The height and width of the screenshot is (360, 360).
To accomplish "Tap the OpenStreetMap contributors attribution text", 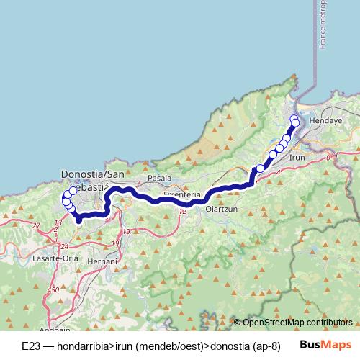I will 293,323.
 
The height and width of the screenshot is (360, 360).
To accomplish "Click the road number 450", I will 53,289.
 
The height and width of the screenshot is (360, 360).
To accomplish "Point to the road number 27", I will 37,225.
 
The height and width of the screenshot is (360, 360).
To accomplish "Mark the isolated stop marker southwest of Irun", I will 261,168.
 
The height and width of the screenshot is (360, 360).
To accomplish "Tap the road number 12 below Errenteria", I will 182,211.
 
